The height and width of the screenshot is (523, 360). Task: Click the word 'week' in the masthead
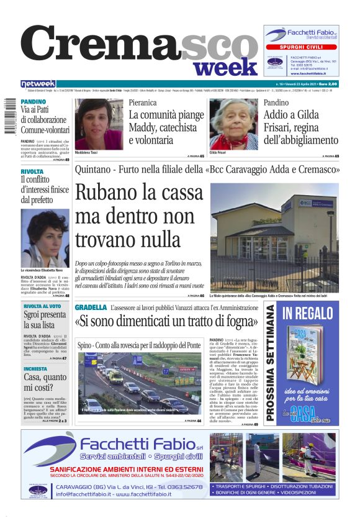[229, 66]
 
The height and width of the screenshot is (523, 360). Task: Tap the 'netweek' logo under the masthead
[38, 84]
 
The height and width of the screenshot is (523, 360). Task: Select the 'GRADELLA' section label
[91, 307]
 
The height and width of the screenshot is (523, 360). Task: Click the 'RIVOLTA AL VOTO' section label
[42, 306]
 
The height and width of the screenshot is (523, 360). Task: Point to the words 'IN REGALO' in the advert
[307, 315]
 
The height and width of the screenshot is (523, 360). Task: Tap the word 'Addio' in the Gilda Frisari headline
[277, 115]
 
